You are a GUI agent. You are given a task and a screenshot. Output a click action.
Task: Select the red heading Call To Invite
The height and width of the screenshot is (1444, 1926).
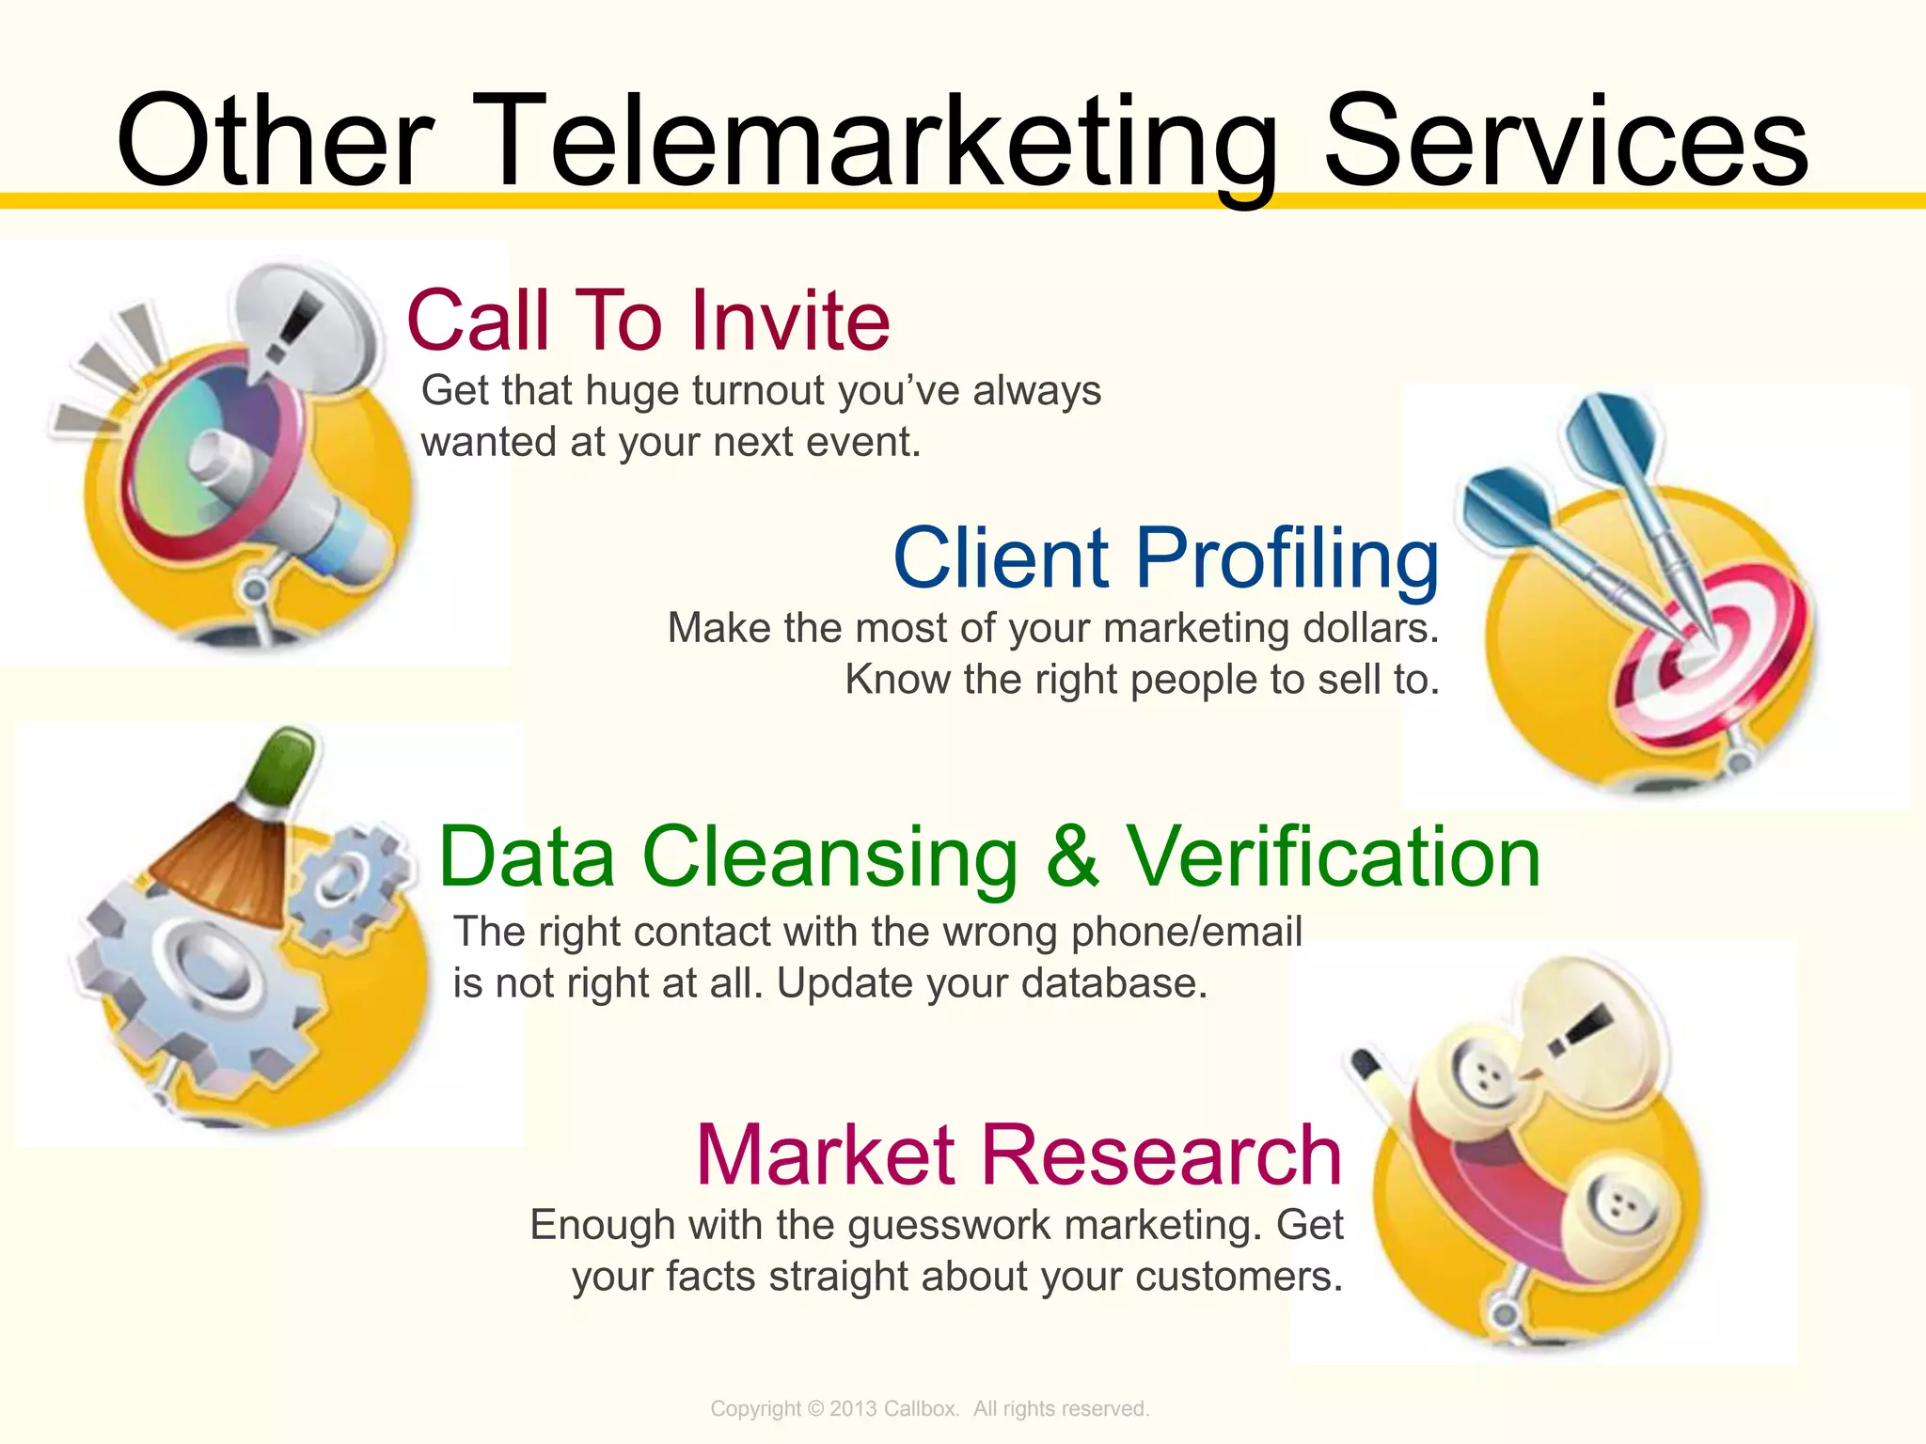pyautogui.click(x=648, y=321)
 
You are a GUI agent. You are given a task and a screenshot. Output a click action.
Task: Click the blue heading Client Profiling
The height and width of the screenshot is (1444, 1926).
pyautogui.click(x=1165, y=558)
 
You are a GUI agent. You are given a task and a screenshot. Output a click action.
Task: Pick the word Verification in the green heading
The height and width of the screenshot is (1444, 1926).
pyautogui.click(x=1333, y=856)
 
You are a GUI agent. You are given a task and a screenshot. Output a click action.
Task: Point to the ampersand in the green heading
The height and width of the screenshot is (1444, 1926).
pyautogui.click(x=1072, y=856)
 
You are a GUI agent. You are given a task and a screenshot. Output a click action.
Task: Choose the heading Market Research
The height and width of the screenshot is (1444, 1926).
pyautogui.click(x=1018, y=1154)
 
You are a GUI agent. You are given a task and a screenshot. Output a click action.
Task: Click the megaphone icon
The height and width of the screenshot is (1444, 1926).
pyautogui.click(x=245, y=470)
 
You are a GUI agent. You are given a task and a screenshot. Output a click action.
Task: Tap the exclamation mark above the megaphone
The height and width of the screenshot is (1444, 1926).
pyautogui.click(x=292, y=324)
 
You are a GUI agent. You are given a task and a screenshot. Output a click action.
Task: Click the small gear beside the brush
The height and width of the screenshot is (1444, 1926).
pyautogui.click(x=348, y=884)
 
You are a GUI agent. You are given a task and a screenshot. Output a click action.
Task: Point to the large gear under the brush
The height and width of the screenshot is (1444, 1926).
pyautogui.click(x=202, y=973)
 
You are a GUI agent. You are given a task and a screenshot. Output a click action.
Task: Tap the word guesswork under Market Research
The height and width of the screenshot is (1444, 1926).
pyautogui.click(x=950, y=1225)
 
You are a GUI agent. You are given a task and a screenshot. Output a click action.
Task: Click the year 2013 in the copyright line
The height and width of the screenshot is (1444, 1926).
pyautogui.click(x=853, y=1408)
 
